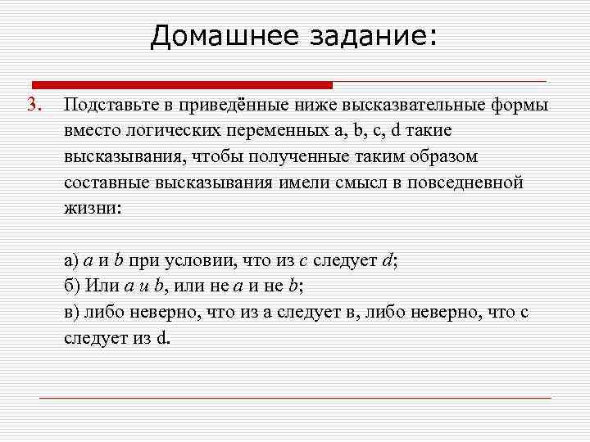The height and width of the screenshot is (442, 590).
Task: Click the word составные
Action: [x=103, y=183]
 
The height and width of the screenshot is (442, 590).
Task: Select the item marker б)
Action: [x=71, y=286]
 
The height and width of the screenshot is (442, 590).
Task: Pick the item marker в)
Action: [x=71, y=312]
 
